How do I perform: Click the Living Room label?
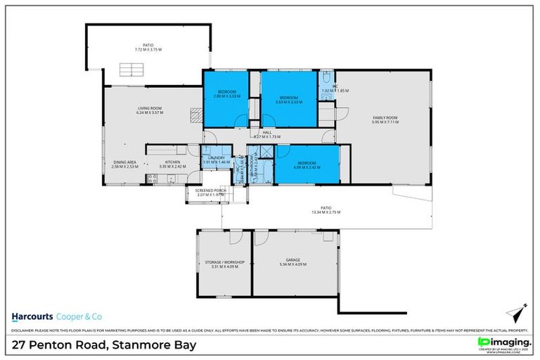[149, 108]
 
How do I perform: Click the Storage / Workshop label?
[224, 262]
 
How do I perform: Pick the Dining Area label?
[124, 162]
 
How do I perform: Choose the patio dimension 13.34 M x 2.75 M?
[326, 212]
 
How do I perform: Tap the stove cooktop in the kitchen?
[152, 179]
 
